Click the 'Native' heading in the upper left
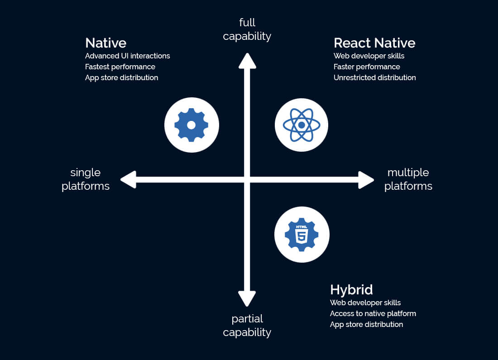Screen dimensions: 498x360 click(106, 43)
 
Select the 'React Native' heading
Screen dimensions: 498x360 click(374, 43)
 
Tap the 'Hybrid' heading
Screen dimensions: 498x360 click(351, 290)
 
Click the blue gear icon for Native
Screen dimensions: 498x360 click(192, 125)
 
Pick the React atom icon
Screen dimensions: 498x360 click(302, 125)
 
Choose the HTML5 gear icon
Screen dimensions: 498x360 click(302, 235)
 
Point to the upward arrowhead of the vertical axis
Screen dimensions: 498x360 click(247, 60)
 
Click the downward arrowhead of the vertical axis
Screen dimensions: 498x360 click(247, 299)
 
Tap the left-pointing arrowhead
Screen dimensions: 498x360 click(129, 179)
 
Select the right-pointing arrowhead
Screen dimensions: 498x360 click(366, 180)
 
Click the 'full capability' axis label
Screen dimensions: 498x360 click(247, 29)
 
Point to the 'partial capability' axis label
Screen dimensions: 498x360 click(247, 326)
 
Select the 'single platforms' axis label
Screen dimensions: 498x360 click(86, 179)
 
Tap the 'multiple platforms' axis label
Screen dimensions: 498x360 click(408, 179)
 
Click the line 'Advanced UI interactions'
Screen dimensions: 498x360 click(127, 56)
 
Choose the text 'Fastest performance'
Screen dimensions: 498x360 click(120, 67)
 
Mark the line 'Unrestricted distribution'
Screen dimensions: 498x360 click(375, 77)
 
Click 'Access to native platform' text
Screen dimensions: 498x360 click(373, 314)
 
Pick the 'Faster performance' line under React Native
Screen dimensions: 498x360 click(367, 67)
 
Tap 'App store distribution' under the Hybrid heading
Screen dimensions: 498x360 click(367, 324)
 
